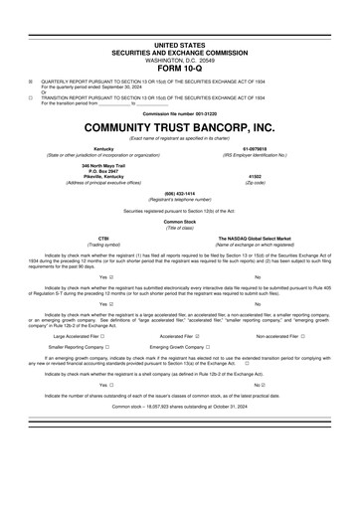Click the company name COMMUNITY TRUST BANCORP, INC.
[x=179, y=128]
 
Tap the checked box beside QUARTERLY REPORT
[x=30, y=83]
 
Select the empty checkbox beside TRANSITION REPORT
[x=30, y=98]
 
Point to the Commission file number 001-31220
[x=179, y=114]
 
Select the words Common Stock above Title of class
[x=179, y=221]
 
